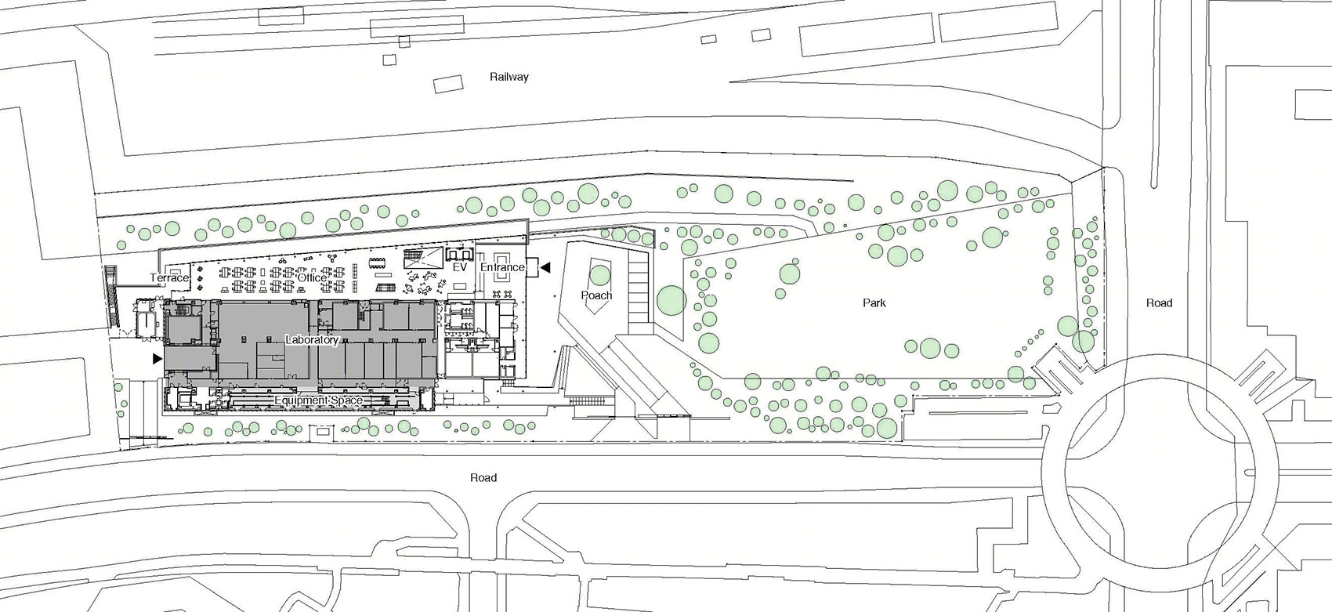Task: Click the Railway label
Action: point(509,77)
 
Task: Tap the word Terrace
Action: point(169,277)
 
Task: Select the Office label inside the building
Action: point(312,277)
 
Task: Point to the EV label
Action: point(460,268)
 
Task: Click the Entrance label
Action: point(502,267)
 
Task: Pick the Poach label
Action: point(596,295)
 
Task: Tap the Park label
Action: point(874,302)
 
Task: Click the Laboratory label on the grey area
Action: point(312,339)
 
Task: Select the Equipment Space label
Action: point(318,400)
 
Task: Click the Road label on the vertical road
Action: point(1159,302)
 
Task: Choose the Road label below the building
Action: point(483,477)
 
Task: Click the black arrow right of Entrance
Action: point(545,268)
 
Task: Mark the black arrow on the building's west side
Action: point(157,358)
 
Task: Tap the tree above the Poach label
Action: point(600,275)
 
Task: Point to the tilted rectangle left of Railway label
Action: point(448,84)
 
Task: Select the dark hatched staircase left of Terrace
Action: point(111,295)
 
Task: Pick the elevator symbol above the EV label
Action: point(460,255)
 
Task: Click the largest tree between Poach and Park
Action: point(671,300)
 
